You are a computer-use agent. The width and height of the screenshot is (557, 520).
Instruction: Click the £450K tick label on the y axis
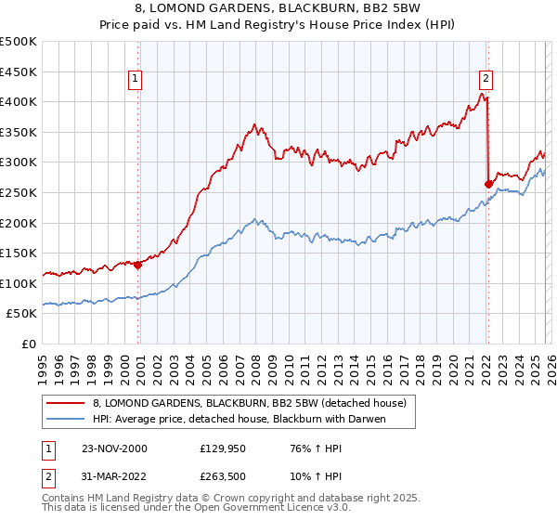pyautogui.click(x=19, y=71)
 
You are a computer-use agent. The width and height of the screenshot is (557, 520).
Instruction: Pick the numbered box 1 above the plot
pyautogui.click(x=136, y=79)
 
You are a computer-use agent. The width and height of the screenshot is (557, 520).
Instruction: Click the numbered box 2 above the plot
pyautogui.click(x=486, y=79)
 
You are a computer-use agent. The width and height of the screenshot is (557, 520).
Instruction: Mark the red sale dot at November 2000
pyautogui.click(x=138, y=265)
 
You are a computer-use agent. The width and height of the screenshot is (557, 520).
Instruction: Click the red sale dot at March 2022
pyautogui.click(x=488, y=184)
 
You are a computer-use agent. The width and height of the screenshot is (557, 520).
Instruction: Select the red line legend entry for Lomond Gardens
pyautogui.click(x=249, y=403)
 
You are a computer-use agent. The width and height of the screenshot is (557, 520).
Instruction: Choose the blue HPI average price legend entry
pyautogui.click(x=239, y=419)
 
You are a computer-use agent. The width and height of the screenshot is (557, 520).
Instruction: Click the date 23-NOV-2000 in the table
pyautogui.click(x=113, y=448)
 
